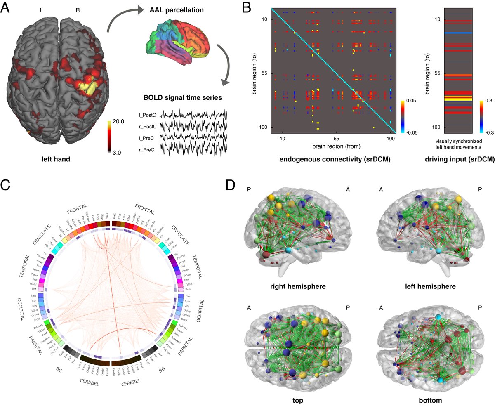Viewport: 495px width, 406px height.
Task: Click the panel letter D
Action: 234,185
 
